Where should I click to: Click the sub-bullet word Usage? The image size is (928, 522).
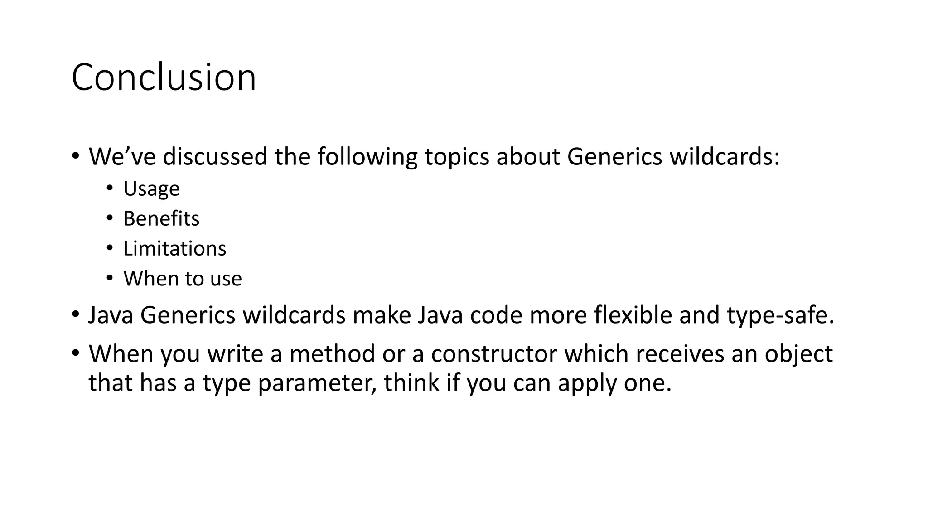point(151,188)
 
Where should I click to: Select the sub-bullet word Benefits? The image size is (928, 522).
point(161,218)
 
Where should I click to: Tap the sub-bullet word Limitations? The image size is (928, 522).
point(174,248)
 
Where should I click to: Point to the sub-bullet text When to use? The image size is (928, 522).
point(183,278)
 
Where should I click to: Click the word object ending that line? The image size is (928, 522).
point(798,353)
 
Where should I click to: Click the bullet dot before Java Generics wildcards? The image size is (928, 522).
point(75,314)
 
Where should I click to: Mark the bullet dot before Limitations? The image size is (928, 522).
point(110,248)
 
